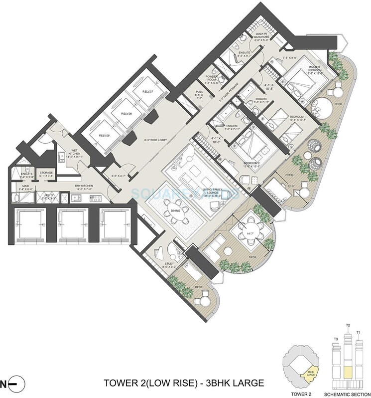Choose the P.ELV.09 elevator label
104,135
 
